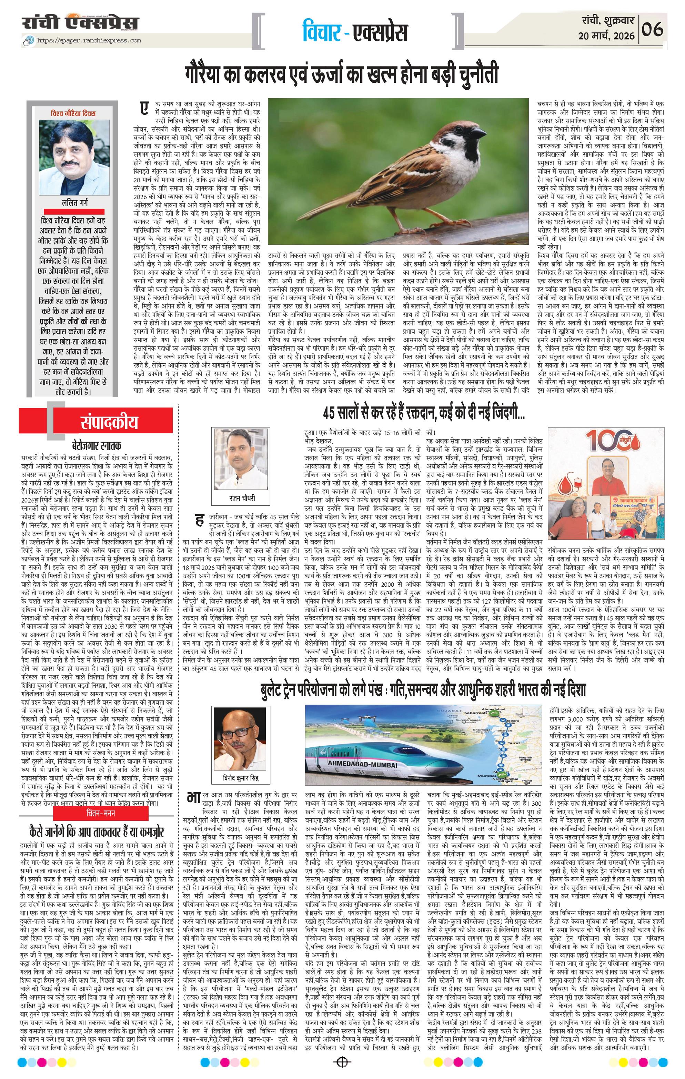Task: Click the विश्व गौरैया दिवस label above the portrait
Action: click(x=73, y=113)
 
